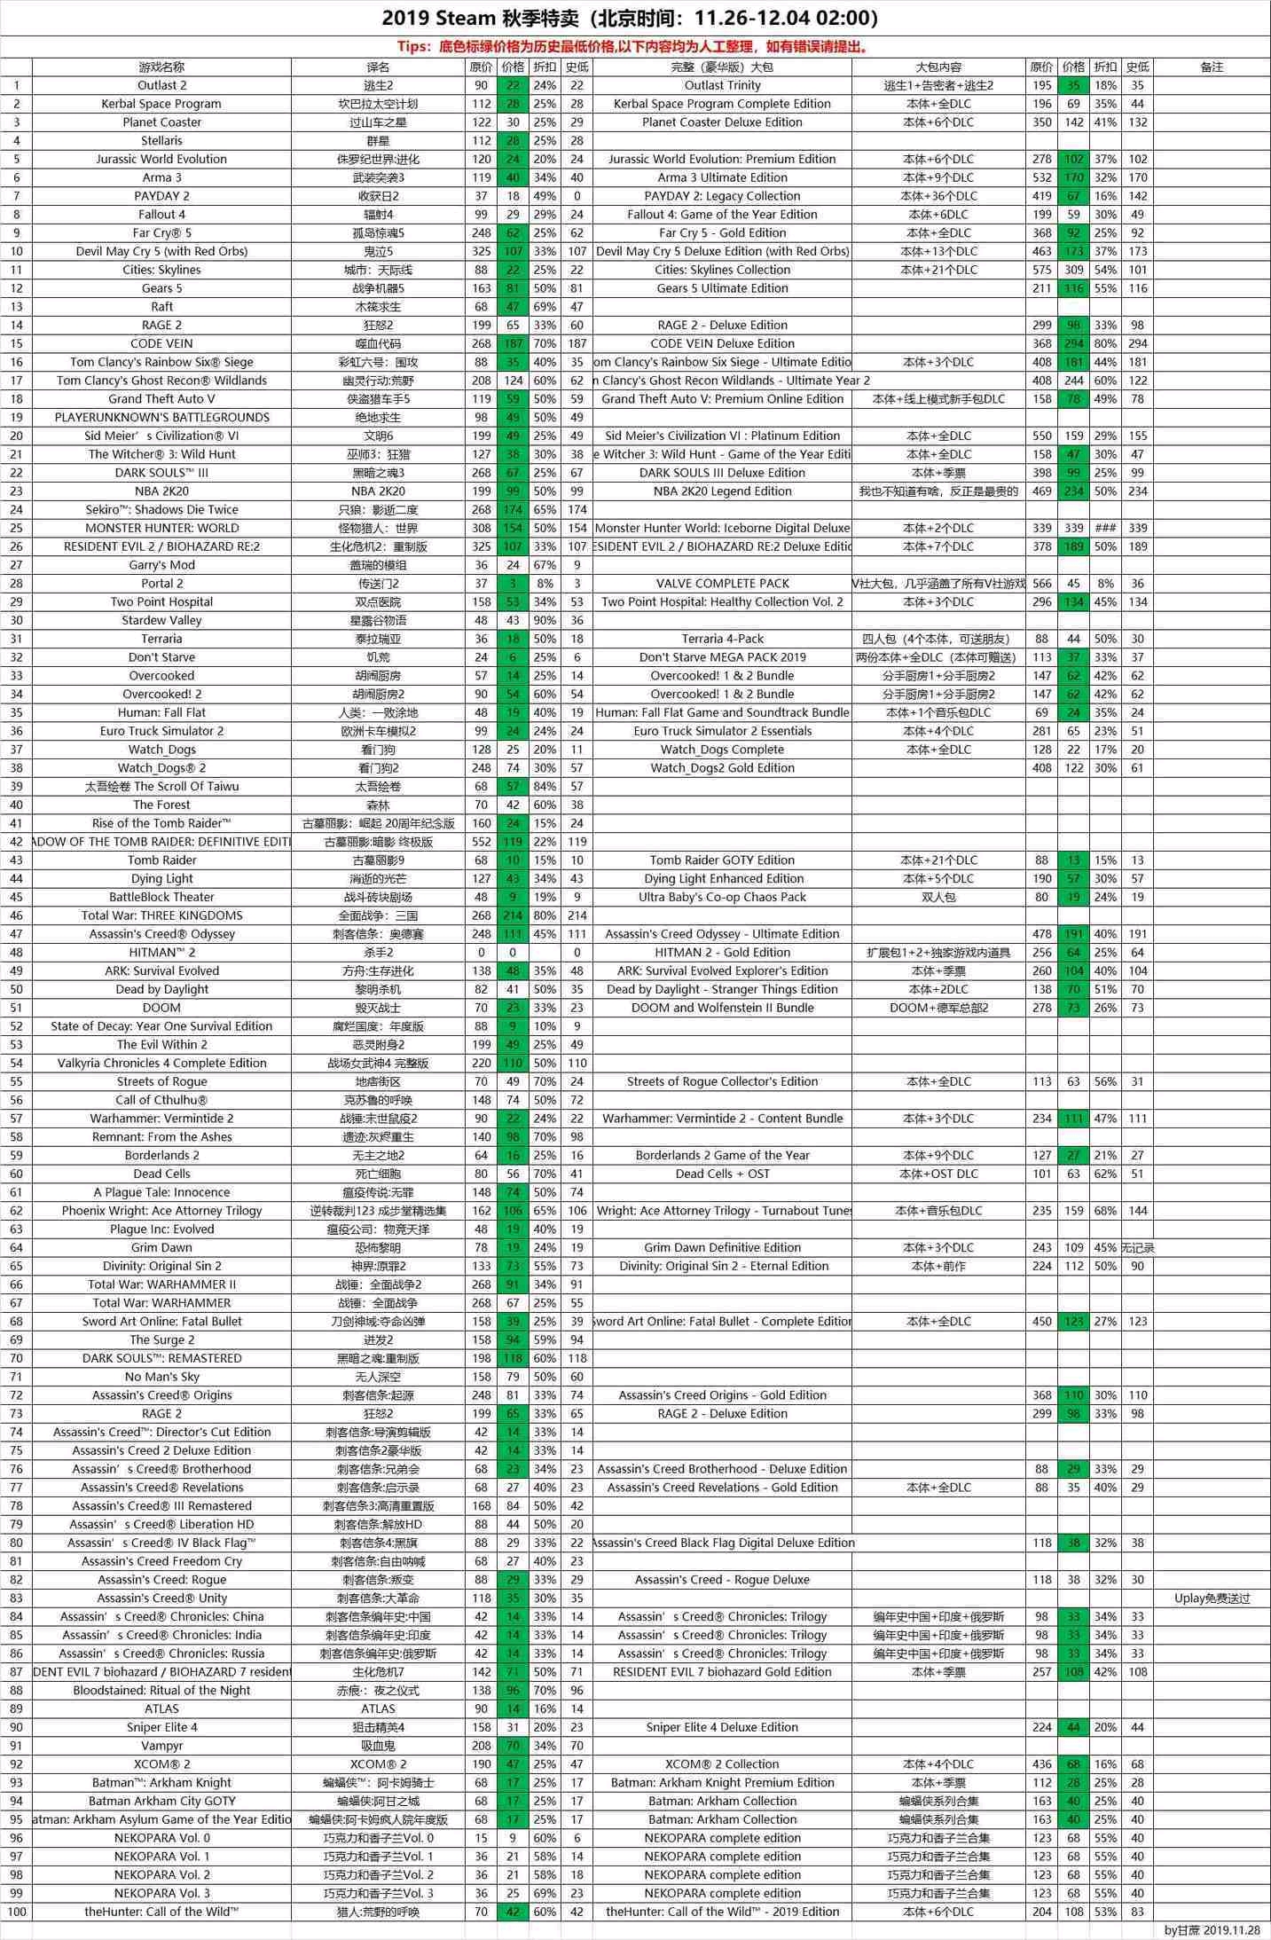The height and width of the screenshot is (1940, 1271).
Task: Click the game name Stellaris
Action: (x=161, y=141)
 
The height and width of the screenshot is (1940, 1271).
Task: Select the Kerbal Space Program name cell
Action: (x=161, y=104)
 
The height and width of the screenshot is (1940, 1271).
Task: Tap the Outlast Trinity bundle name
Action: (x=722, y=85)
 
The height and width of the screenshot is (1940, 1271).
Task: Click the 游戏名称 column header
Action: (x=161, y=67)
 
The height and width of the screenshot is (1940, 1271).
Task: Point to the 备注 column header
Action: (x=1212, y=67)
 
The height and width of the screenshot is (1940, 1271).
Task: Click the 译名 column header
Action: (x=378, y=67)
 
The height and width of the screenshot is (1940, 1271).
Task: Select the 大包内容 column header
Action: (x=938, y=67)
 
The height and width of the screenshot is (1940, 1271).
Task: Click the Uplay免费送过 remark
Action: (x=1212, y=1598)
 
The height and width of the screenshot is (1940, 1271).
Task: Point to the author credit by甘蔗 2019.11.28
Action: (x=1212, y=1930)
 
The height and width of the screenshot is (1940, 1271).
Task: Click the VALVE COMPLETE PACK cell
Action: (x=722, y=584)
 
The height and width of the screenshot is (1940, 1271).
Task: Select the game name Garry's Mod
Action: (x=161, y=565)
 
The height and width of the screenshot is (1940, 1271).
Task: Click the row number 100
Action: (x=16, y=1912)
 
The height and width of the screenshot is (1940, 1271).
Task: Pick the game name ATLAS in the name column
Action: (x=161, y=1708)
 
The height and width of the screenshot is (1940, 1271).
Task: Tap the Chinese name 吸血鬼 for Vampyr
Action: (x=378, y=1746)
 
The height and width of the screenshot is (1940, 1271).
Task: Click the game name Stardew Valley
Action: (x=161, y=620)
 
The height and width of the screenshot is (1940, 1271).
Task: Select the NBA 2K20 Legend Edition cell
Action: (x=722, y=491)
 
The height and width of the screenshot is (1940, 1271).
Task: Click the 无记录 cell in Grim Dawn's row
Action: (x=1137, y=1247)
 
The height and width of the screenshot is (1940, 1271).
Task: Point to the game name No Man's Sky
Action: (x=161, y=1377)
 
